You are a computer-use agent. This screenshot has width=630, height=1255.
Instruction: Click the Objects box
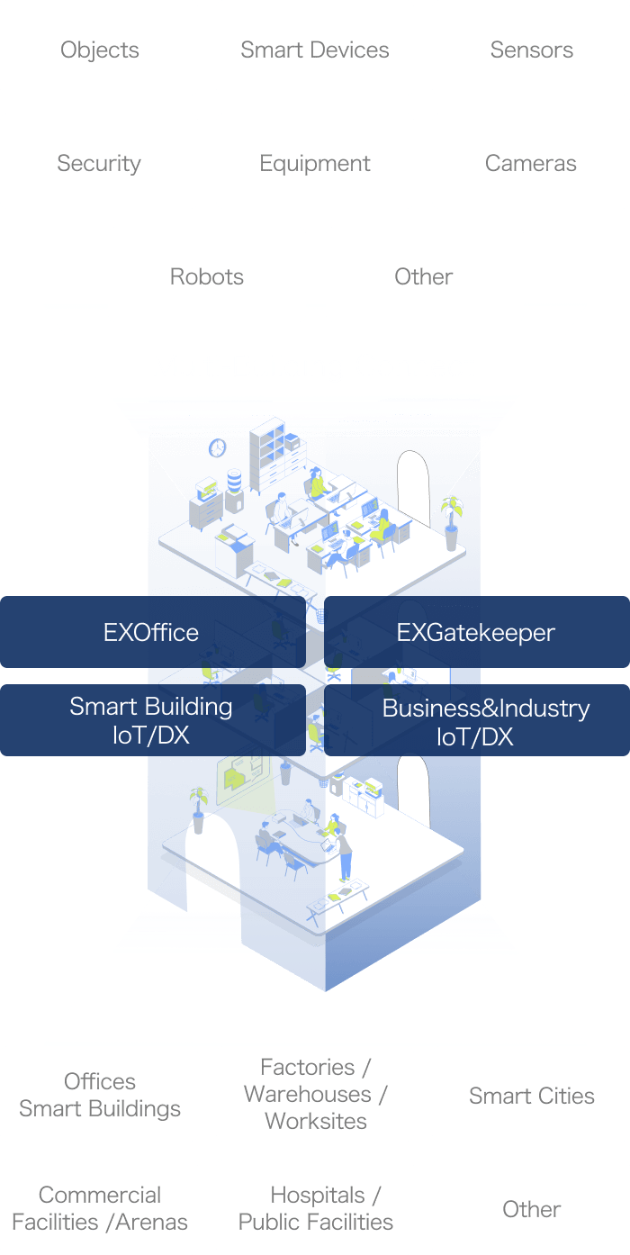(x=99, y=49)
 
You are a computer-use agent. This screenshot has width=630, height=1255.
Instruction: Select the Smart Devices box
(x=315, y=49)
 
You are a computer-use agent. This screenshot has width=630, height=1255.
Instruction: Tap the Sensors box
(x=531, y=49)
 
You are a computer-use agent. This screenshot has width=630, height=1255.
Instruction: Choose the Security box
(x=99, y=162)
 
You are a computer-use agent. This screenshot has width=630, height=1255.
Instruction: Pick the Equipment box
(x=315, y=162)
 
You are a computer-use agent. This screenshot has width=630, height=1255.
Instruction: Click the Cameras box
(x=531, y=162)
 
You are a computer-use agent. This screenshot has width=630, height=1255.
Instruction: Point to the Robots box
(x=207, y=275)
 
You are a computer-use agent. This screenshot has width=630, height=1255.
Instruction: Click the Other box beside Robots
(x=424, y=275)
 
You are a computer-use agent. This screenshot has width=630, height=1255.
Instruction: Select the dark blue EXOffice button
(x=151, y=632)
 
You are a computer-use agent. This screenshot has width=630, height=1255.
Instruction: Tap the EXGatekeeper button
(x=476, y=632)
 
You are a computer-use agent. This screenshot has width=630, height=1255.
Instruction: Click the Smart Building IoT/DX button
(x=151, y=720)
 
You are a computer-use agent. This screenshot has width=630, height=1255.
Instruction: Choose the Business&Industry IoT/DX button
(x=476, y=720)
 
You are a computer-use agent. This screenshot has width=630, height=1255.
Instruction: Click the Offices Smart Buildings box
(x=99, y=1094)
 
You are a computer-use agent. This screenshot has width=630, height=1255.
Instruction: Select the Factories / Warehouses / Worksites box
(x=315, y=1094)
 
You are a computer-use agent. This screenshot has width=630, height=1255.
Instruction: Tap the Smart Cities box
(x=531, y=1094)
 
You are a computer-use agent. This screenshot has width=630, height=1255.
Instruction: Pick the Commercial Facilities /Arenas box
(x=99, y=1207)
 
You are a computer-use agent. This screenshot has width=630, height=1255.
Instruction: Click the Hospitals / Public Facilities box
(x=315, y=1207)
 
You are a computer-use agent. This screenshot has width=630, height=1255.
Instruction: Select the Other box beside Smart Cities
(x=531, y=1207)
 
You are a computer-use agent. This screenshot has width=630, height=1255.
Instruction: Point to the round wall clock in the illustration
(x=217, y=447)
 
